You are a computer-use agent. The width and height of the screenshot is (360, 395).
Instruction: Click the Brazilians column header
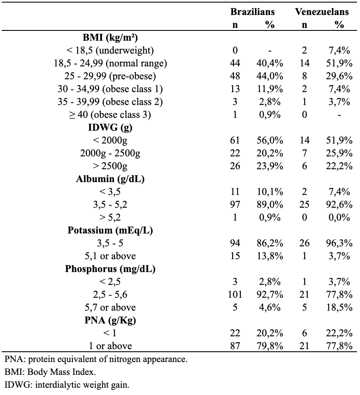coord(252,12)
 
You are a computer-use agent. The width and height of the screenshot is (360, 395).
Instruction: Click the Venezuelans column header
coord(322,12)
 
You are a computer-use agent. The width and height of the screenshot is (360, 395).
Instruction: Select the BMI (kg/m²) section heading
coord(110,38)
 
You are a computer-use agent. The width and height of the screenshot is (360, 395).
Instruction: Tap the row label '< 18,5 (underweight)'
coord(110,51)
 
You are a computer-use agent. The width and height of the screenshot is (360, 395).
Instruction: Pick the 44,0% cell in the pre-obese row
coord(270,76)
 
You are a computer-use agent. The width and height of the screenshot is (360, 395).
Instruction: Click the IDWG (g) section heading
coord(110,128)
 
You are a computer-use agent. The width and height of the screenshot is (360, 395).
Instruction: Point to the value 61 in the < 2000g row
coord(235,141)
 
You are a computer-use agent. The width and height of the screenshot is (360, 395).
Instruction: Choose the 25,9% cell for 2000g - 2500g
coord(339,153)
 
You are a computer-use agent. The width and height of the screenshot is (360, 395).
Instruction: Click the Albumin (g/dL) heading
coord(110,179)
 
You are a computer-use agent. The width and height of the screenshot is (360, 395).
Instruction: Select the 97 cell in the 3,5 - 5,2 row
coord(235,204)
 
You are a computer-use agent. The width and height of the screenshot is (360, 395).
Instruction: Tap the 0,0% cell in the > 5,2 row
coord(339,217)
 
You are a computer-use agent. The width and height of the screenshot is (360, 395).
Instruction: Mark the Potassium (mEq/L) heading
coord(110,230)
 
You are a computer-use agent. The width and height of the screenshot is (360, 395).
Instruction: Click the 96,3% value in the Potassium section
coord(339,243)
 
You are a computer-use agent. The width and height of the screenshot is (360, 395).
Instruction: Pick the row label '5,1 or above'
coord(110,256)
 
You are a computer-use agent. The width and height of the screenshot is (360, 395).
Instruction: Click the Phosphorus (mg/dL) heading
coord(110,269)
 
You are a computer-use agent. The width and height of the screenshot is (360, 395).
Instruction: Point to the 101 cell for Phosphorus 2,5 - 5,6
coord(235,294)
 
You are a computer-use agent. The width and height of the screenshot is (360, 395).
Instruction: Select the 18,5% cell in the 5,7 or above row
coord(339,307)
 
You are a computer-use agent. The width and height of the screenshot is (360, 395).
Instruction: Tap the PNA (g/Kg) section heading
coord(110,320)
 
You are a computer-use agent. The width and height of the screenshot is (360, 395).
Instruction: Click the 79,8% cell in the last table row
coord(270,346)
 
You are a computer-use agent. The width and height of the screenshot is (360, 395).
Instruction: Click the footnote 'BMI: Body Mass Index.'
coord(51,372)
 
